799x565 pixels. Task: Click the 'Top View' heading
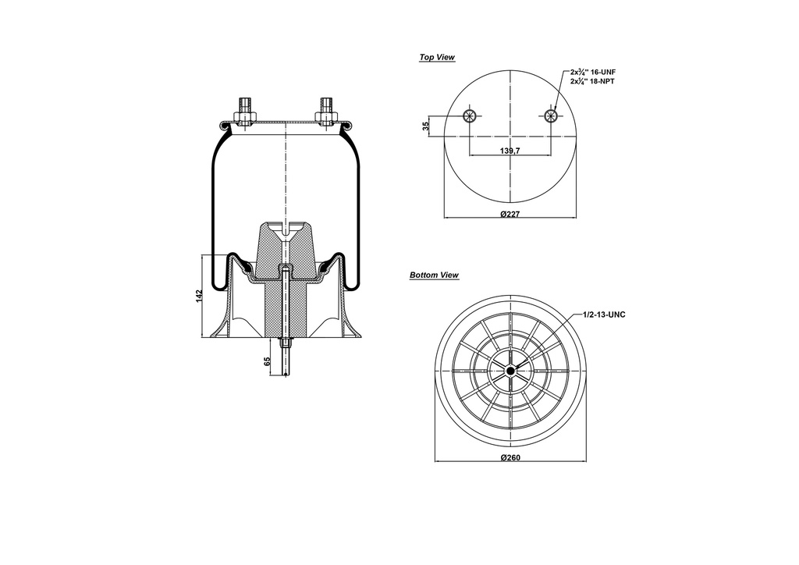[x=437, y=57]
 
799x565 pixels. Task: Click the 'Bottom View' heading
[x=434, y=275]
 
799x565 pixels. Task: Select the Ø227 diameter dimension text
[x=510, y=214]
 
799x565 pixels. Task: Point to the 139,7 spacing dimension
[x=510, y=150]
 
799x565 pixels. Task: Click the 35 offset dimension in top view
[x=426, y=126]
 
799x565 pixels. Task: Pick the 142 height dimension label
[x=200, y=296]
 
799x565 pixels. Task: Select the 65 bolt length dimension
[x=268, y=361]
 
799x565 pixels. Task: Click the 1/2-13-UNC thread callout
[x=605, y=314]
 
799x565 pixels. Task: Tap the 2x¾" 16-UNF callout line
[x=593, y=72]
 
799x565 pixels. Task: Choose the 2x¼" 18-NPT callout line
[x=593, y=81]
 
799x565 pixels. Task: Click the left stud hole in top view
[x=469, y=116]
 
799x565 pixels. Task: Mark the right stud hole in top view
[x=551, y=116]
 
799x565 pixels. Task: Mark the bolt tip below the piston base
[x=286, y=372]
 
